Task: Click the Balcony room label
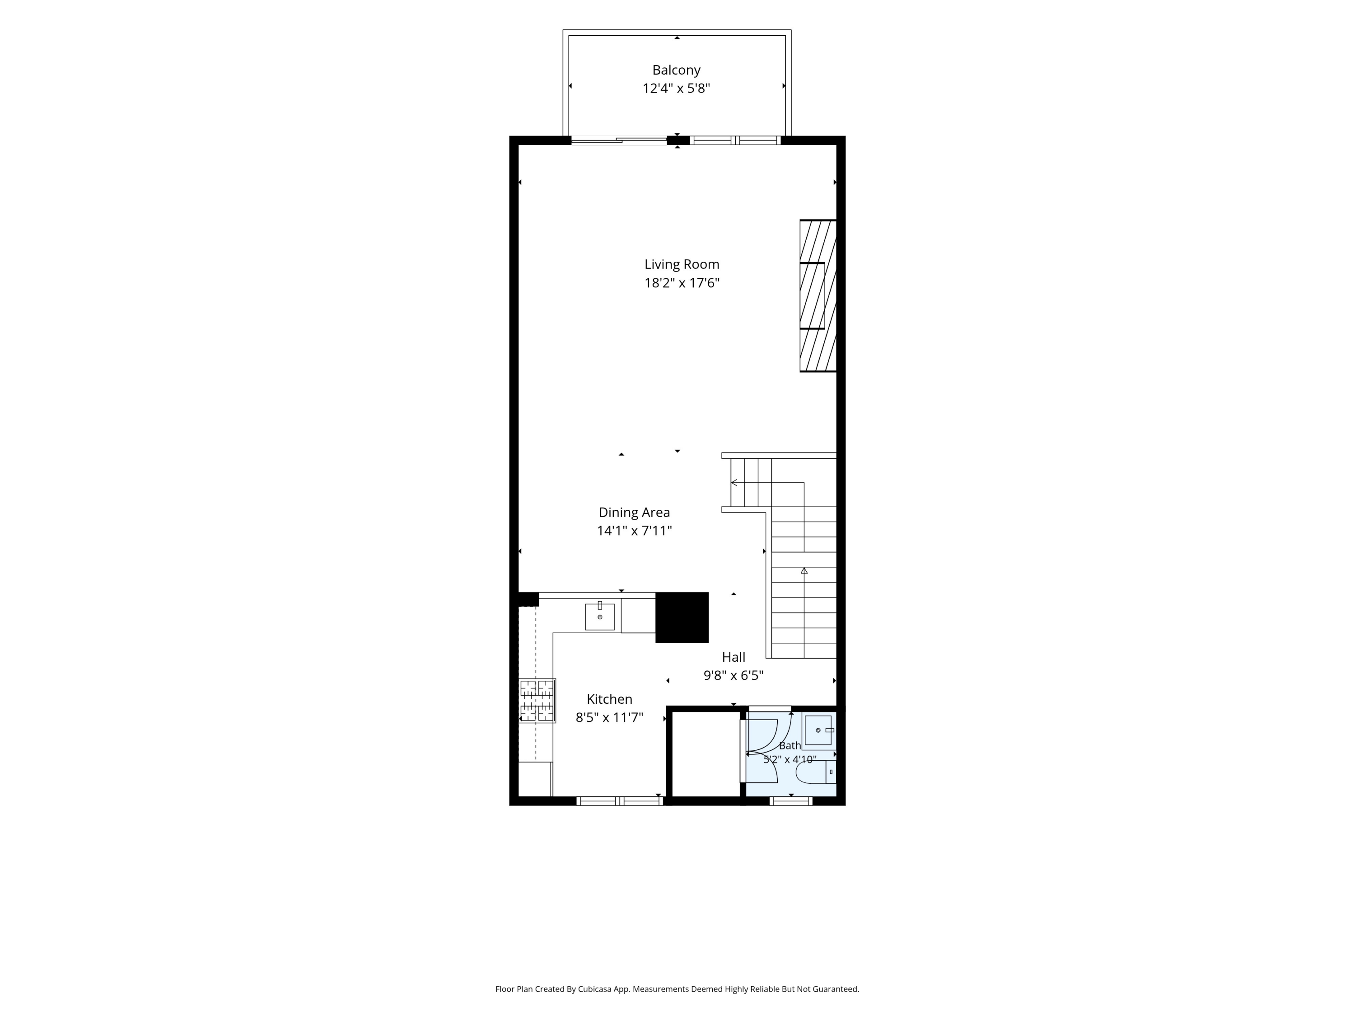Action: [676, 70]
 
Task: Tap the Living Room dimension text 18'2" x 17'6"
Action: [682, 282]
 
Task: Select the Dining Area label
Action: [634, 513]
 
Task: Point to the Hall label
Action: [733, 657]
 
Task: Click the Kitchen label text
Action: [609, 699]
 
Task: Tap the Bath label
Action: [790, 745]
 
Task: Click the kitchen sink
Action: [600, 616]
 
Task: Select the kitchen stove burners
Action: [537, 700]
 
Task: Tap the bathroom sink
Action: [818, 730]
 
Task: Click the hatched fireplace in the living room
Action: [818, 296]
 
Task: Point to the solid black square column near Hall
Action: [682, 617]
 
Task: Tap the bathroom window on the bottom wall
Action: [791, 800]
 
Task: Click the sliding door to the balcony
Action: [619, 141]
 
